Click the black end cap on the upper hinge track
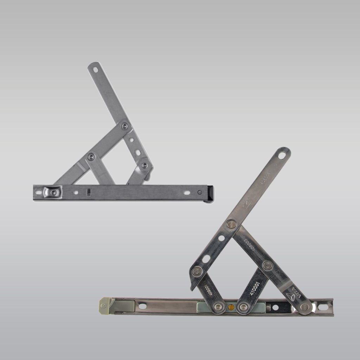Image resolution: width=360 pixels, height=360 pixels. click(x=210, y=193)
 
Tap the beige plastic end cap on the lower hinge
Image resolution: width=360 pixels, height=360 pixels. click(x=105, y=305)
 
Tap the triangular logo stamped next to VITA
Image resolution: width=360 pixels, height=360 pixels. click(x=290, y=296)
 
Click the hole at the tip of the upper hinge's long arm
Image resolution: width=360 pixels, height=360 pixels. click(x=95, y=69)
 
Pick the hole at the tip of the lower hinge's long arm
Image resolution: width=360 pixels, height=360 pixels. click(x=282, y=155)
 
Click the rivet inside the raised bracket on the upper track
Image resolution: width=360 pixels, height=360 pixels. click(x=53, y=192)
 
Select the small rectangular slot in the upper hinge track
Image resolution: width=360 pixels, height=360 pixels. click(x=89, y=192)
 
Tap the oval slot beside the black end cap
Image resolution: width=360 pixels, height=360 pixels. click(x=186, y=192)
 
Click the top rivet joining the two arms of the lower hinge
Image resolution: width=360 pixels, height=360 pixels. click(x=231, y=224)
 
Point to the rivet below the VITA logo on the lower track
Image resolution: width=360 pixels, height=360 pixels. click(x=304, y=307)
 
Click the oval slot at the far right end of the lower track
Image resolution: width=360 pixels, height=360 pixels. click(x=323, y=307)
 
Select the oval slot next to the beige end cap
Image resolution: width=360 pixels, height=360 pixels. click(x=142, y=306)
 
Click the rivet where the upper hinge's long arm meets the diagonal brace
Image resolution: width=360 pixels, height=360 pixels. click(x=124, y=126)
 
